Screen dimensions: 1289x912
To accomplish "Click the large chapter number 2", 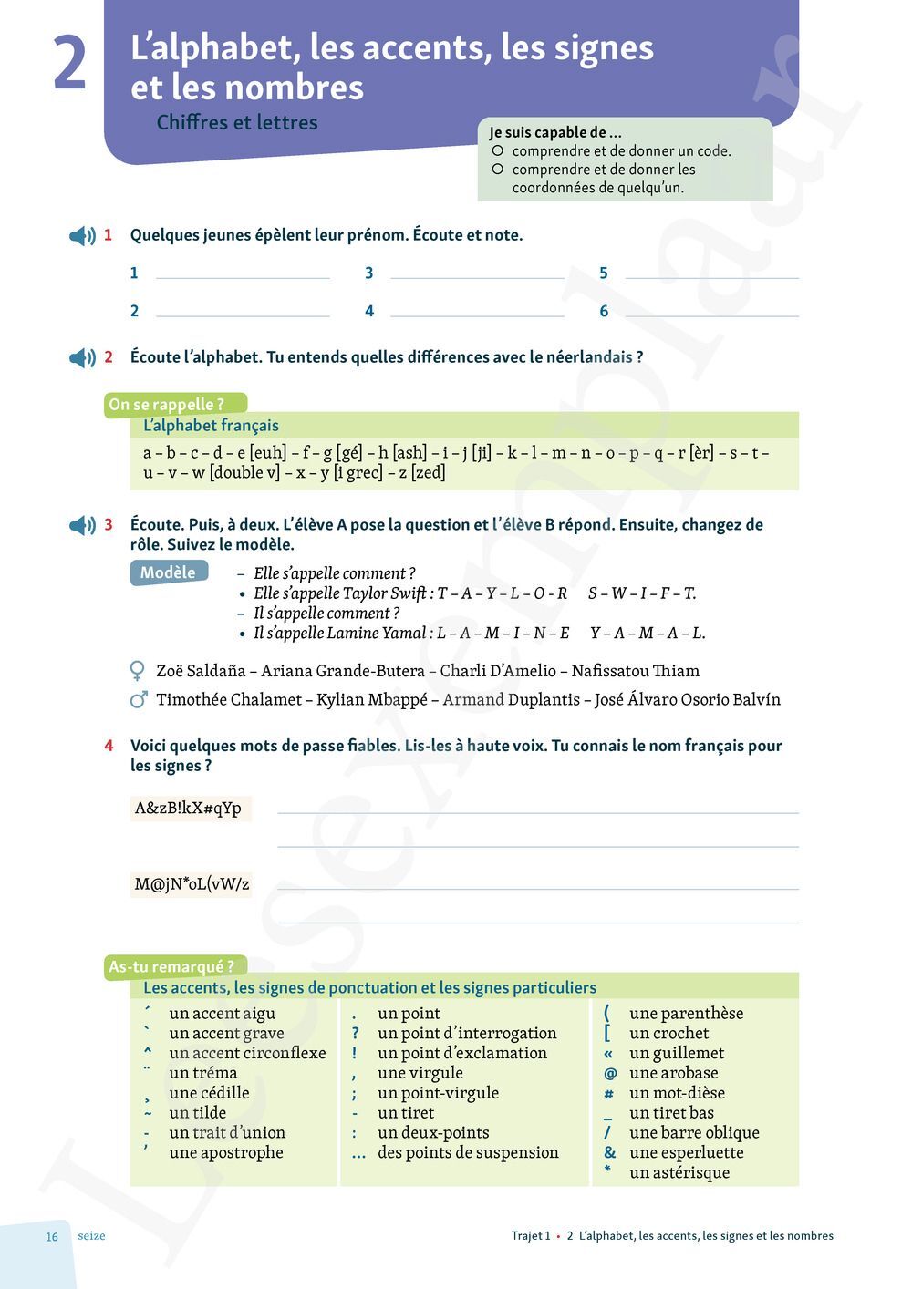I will tap(70, 64).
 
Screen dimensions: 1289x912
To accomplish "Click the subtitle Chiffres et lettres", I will tap(237, 122).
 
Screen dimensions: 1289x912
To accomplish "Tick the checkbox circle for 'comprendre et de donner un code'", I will tap(498, 150).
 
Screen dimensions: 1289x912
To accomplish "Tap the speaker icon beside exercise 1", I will tap(82, 236).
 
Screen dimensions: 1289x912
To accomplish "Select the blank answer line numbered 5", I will tap(711, 273).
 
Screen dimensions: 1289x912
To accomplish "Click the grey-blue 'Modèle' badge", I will tap(169, 572).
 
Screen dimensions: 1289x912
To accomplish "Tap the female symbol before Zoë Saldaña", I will tap(138, 672).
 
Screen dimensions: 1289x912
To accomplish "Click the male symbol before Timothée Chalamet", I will tap(139, 700).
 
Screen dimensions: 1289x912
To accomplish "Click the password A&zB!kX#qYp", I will tap(189, 809).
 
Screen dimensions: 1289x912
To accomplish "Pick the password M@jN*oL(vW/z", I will tap(192, 883).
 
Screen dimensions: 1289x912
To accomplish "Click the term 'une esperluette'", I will tap(687, 1152).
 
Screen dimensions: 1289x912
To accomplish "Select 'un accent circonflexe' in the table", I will tap(247, 1053).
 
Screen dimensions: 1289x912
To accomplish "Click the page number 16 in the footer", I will tap(52, 1237).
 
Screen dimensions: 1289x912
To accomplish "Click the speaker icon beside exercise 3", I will tap(82, 525).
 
